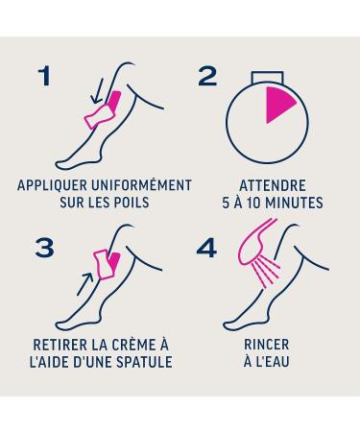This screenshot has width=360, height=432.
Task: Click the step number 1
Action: pos(45,76)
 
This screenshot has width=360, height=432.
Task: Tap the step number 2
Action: pos(207,77)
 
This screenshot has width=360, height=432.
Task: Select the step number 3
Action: pos(44,248)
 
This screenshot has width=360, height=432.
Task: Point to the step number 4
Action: pos(206,248)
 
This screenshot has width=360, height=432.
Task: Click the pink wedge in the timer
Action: pos(277,104)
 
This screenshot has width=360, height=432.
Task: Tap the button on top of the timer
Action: pos(267,77)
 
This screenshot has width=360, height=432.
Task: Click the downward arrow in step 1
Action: pos(97,91)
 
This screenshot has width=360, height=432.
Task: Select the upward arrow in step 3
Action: pos(85,283)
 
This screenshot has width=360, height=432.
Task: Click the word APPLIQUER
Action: pos(52,185)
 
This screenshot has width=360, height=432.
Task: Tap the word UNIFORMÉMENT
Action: pos(142,185)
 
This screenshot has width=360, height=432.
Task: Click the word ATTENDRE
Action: pos(273,186)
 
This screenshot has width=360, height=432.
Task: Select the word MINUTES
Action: pos(295,203)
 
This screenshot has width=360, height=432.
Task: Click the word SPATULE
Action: pos(144,362)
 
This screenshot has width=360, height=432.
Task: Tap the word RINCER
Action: pos(267,345)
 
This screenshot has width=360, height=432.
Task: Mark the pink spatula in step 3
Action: pos(103,265)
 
